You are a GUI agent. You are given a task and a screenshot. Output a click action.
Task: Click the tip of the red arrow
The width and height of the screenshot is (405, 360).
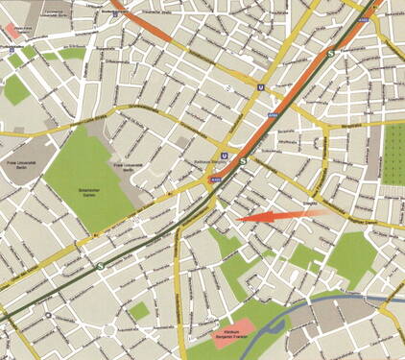(x=237, y=220)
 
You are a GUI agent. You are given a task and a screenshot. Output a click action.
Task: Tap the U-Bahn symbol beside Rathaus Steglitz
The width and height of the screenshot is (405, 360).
(x=224, y=155)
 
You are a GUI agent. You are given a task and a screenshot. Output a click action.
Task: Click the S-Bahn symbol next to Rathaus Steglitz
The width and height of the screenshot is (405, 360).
(x=243, y=162)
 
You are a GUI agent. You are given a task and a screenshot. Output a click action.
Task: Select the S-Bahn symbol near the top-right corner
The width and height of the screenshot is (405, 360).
(x=331, y=54)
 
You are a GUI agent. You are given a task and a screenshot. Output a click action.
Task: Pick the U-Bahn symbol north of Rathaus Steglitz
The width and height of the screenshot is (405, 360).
(x=260, y=85)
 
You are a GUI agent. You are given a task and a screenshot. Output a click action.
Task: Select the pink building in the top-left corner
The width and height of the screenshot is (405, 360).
(x=14, y=30)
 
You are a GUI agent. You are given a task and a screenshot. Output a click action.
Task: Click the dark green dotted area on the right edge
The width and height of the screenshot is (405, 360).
(x=393, y=154)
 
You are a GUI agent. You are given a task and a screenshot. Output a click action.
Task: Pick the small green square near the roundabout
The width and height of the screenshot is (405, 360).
(x=140, y=310)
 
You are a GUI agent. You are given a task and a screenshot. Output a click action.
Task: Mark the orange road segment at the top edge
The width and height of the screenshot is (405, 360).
(x=144, y=19)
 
